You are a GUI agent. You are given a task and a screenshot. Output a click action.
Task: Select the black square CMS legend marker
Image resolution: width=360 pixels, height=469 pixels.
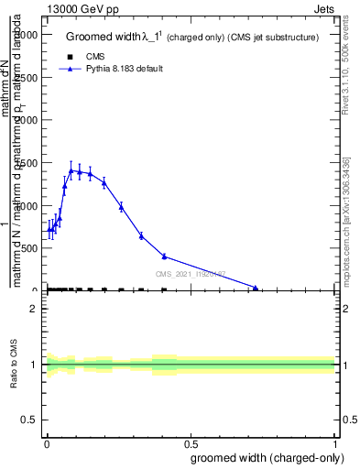71,57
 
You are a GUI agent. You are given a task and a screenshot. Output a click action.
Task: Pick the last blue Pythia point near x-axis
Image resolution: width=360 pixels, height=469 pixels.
256,289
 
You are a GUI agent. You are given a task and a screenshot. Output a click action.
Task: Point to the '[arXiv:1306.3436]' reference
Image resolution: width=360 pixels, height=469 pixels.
349,190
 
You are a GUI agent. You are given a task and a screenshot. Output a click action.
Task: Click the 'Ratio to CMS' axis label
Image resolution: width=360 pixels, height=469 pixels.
15,364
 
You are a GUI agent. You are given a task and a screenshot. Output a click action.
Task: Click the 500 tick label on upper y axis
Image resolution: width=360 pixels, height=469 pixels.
27,248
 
